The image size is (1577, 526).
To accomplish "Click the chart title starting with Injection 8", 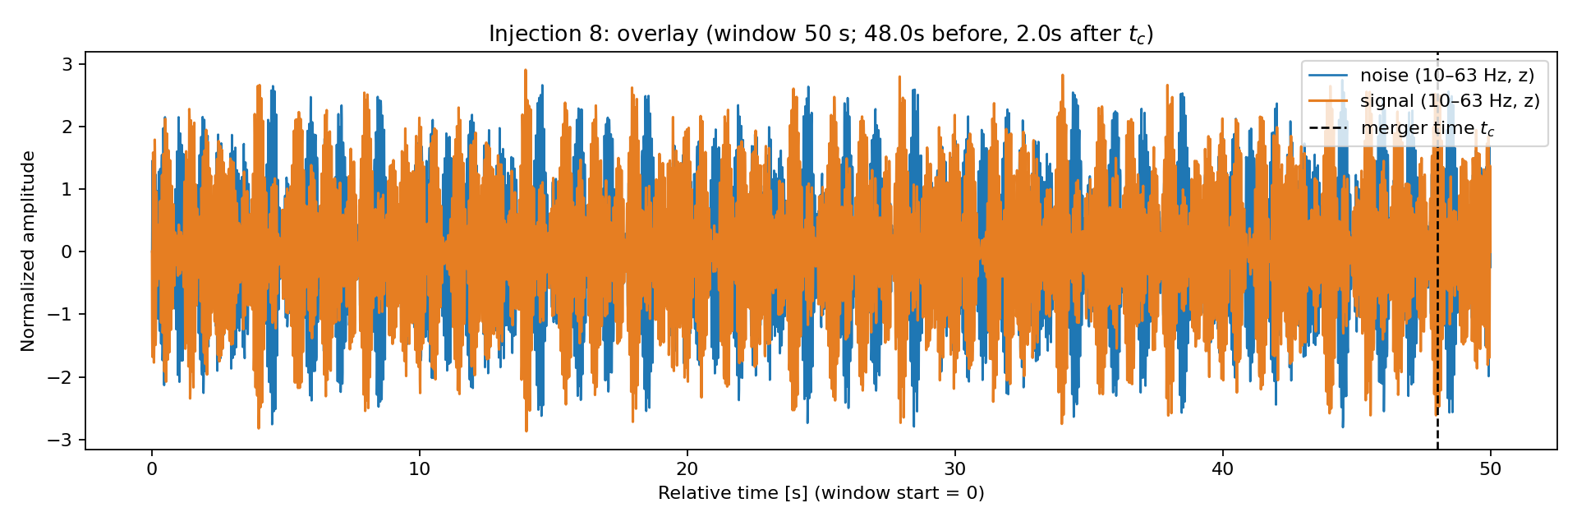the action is pyautogui.click(x=821, y=34).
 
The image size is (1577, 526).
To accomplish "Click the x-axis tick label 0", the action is pyautogui.click(x=152, y=469).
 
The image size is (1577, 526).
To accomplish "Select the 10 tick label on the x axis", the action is pyautogui.click(x=420, y=469).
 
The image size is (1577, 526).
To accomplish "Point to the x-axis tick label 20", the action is pyautogui.click(x=687, y=469).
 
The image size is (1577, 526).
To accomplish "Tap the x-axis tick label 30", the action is pyautogui.click(x=955, y=469).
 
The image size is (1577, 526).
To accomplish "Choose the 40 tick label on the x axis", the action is pyautogui.click(x=1223, y=469).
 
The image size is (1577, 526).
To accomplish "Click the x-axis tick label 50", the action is pyautogui.click(x=1491, y=469).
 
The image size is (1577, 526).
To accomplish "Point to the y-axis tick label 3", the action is pyautogui.click(x=68, y=64).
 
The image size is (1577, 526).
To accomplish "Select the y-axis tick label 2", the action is pyautogui.click(x=68, y=127).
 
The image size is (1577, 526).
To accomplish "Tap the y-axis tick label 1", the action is pyautogui.click(x=68, y=189).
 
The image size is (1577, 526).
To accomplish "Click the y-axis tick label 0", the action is pyautogui.click(x=68, y=251).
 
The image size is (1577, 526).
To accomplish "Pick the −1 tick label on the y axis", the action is pyautogui.click(x=60, y=315).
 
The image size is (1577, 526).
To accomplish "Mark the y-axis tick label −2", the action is pyautogui.click(x=60, y=377).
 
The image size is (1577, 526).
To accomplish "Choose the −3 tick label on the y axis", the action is pyautogui.click(x=60, y=440).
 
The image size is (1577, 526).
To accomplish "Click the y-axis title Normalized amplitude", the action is pyautogui.click(x=29, y=251).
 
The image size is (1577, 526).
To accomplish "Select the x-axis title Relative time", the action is pyautogui.click(x=821, y=493).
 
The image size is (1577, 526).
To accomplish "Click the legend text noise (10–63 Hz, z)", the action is pyautogui.click(x=1447, y=76).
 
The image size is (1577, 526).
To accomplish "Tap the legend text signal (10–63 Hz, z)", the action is pyautogui.click(x=1450, y=101).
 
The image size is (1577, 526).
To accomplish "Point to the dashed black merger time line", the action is pyautogui.click(x=1437, y=251).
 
